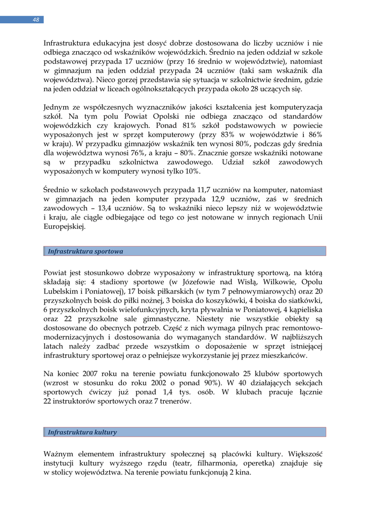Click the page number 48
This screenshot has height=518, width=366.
click(x=36, y=20)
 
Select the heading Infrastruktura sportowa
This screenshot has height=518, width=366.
click(x=85, y=251)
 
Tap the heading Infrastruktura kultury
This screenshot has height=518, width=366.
click(x=82, y=432)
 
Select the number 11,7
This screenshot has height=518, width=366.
click(x=206, y=190)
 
